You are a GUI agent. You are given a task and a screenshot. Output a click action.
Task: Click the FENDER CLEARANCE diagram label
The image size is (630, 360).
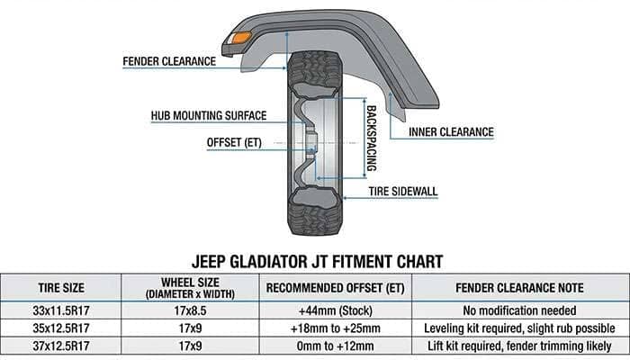coord(170,62)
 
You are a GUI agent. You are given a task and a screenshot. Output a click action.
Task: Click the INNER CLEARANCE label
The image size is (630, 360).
coord(451,132)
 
